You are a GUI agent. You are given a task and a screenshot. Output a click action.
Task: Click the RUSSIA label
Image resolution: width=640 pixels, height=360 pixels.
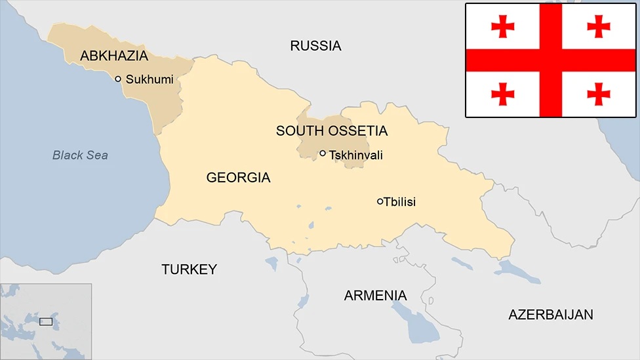315,46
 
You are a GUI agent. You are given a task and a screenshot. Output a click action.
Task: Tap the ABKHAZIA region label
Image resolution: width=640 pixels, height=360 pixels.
114,56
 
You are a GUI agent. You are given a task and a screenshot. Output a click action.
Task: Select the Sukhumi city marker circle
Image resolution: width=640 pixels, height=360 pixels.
118,79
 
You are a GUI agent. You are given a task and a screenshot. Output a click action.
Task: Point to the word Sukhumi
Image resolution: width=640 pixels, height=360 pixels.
150,79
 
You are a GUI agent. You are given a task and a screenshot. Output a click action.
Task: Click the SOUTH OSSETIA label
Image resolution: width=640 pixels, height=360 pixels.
331,131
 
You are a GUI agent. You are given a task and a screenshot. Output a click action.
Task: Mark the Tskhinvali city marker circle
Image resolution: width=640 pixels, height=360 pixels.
323,153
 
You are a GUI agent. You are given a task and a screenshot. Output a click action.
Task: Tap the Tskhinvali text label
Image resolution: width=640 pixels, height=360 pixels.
356,155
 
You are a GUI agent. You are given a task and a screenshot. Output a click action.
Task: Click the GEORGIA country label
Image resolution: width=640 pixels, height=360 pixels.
238,178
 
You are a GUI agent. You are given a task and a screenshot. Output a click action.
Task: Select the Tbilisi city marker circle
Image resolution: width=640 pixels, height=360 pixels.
380,201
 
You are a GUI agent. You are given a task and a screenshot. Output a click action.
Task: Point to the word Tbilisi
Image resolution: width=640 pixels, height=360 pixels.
399,202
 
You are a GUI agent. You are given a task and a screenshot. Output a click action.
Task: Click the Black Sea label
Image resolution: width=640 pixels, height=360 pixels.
80,155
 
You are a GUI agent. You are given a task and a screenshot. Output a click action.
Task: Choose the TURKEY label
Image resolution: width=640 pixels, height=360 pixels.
189,270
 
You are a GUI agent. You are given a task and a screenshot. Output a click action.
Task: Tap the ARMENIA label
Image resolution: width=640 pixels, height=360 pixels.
375,296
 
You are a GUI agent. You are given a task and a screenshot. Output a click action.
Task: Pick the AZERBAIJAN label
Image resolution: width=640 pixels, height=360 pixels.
550,315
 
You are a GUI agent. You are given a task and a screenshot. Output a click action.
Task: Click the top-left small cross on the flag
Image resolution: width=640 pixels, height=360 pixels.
503,26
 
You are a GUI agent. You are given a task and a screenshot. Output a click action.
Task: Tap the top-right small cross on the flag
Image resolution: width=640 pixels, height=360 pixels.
599,26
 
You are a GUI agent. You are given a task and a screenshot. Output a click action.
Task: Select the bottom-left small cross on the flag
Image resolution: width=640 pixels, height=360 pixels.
503,94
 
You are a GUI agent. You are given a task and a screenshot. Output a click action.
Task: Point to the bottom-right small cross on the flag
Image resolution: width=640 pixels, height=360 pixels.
599,94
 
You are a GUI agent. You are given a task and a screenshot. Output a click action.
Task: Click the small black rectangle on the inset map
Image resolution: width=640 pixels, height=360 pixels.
46,321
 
